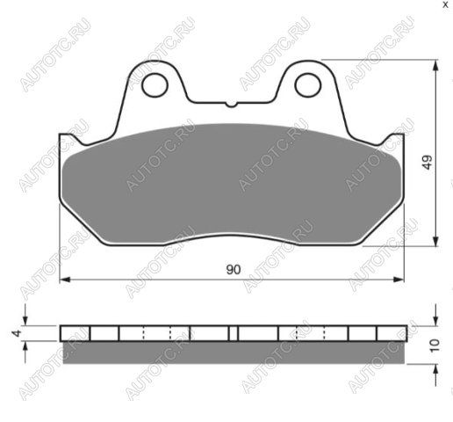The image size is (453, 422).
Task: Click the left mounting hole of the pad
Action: tap(155, 85)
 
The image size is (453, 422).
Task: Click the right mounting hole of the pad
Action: tap(308, 85)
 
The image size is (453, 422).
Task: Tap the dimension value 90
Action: tap(234, 270)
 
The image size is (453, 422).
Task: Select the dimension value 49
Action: tap(428, 162)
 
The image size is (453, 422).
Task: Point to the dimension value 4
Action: tap(18, 333)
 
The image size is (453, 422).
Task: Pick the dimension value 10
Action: tap(435, 346)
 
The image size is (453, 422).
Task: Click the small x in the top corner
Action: tap(445, 5)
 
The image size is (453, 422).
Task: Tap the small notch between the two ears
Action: tap(231, 105)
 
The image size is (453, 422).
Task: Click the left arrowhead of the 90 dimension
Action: tap(65, 280)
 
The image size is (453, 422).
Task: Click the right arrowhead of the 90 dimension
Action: tap(398, 280)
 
